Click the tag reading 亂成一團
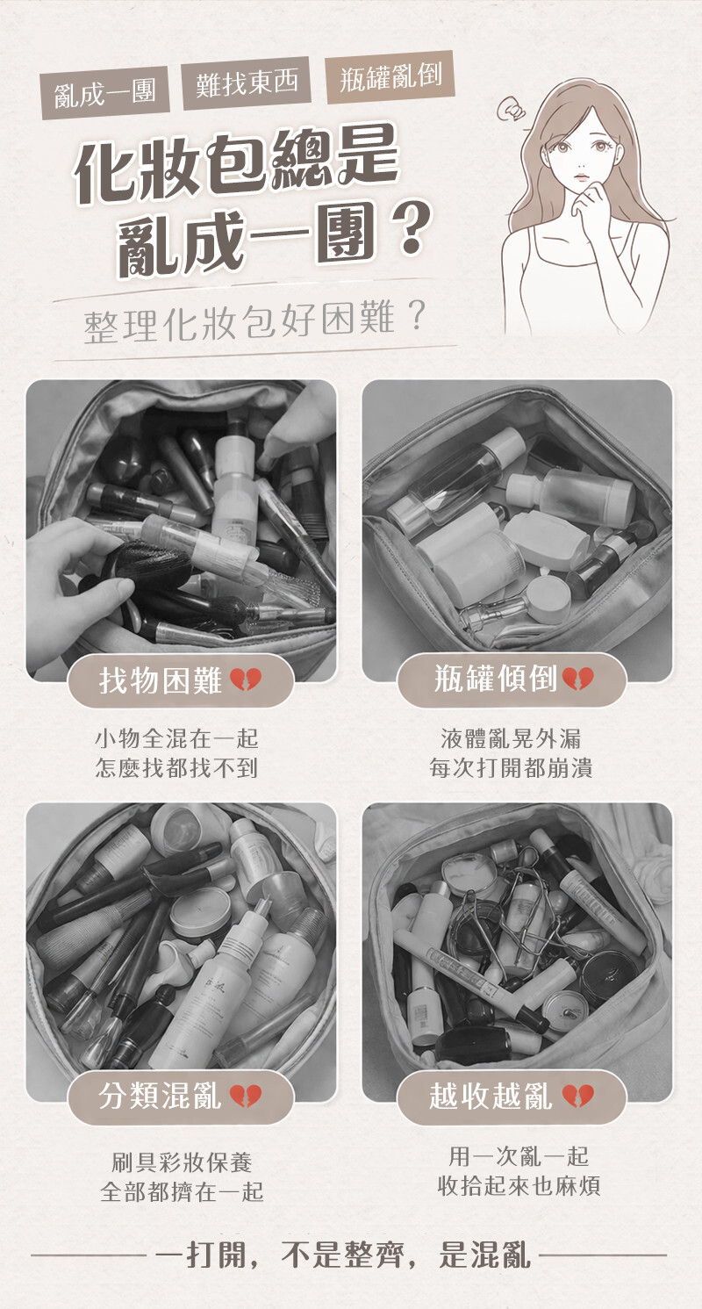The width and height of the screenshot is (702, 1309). [105, 93]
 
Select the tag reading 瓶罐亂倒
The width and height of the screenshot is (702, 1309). [390, 77]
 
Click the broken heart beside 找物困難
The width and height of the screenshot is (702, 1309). [246, 680]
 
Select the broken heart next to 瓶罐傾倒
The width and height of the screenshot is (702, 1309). [578, 679]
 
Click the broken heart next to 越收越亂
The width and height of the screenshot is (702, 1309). [578, 1096]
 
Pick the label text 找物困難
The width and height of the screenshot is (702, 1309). [161, 680]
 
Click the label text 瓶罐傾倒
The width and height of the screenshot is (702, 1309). [495, 679]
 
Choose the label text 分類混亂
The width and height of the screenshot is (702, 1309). [161, 1096]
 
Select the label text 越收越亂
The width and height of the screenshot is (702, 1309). [491, 1096]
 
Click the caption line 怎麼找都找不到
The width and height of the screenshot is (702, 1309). [176, 768]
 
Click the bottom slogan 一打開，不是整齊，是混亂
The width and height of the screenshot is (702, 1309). [345, 1254]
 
